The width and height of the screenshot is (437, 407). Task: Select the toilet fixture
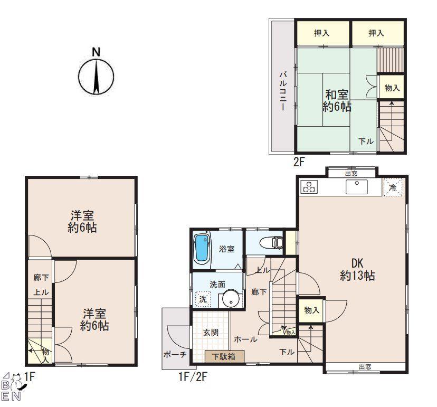[x=271, y=242]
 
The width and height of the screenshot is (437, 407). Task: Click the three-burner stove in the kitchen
[x=309, y=187]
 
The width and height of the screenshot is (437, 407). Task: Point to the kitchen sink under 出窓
[x=356, y=186]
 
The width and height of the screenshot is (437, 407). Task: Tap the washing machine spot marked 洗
[x=203, y=299]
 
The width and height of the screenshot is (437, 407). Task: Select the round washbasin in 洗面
[x=231, y=298]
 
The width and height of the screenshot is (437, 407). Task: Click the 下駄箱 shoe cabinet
[x=224, y=356]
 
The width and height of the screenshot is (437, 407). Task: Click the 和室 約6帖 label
[x=337, y=101]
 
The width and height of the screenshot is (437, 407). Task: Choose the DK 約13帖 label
[x=357, y=269]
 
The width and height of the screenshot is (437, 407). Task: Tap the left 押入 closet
[x=322, y=33]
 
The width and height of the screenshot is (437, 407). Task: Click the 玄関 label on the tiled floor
[x=211, y=332]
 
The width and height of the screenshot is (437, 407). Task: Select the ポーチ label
[x=175, y=354]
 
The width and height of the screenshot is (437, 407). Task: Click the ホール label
[x=245, y=339]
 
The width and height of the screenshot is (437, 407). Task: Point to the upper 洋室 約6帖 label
[x=82, y=222]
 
